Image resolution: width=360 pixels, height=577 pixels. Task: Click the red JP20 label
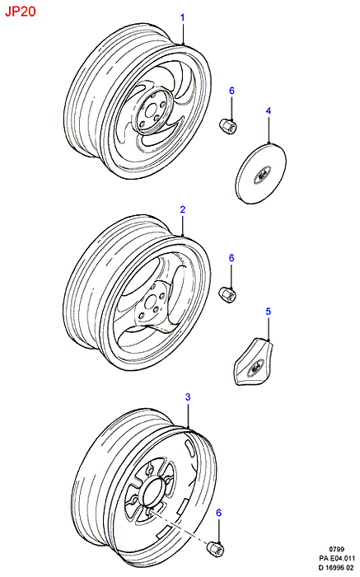[x=21, y=12]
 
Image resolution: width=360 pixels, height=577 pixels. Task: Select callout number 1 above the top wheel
[x=182, y=17]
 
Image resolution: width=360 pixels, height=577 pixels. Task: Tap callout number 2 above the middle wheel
[x=182, y=209]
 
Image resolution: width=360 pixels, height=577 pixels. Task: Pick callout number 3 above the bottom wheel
[x=188, y=397]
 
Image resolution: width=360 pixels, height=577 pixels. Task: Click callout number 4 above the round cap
[x=269, y=110]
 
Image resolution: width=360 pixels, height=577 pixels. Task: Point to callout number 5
[x=268, y=312]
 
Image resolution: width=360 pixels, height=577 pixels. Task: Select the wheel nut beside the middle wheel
[x=227, y=294]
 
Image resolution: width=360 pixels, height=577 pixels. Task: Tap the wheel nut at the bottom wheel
[x=216, y=549]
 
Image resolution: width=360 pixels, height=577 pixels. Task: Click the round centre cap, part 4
[x=260, y=173]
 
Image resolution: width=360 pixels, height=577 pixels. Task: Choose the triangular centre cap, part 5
[x=254, y=362]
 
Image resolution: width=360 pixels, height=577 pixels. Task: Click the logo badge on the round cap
[x=262, y=175]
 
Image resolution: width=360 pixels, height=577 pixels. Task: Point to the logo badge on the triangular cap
[x=255, y=366]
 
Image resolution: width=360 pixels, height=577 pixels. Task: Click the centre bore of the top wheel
[x=150, y=112]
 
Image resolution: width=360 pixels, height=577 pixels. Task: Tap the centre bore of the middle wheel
[x=150, y=303]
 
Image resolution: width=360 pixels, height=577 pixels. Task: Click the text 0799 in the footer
[x=337, y=550]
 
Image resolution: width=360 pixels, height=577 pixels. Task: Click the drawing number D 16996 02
[x=336, y=568]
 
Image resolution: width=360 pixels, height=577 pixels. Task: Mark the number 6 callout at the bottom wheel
[x=219, y=513]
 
